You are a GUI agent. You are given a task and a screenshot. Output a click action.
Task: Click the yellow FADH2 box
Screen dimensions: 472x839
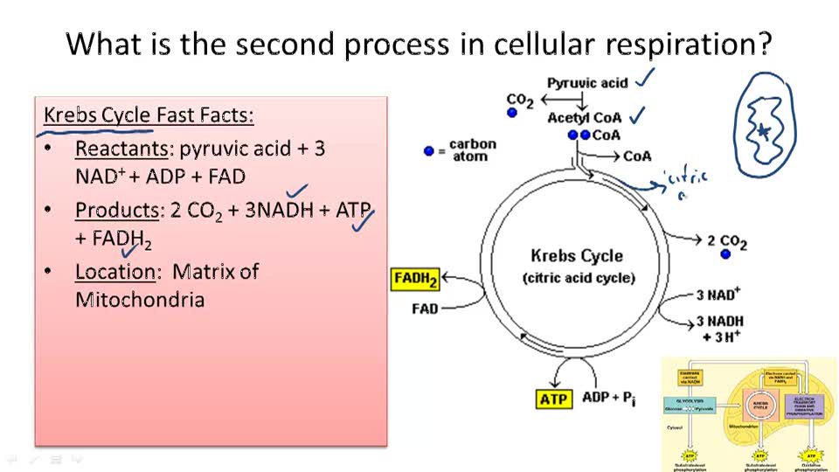pyautogui.click(x=415, y=280)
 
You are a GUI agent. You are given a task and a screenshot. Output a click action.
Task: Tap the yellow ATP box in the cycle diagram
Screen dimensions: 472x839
pyautogui.click(x=553, y=399)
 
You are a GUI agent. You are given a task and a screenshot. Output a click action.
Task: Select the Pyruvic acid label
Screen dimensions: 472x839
pyautogui.click(x=587, y=83)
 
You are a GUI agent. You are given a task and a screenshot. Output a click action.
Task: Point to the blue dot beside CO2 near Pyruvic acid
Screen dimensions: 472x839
pyautogui.click(x=512, y=113)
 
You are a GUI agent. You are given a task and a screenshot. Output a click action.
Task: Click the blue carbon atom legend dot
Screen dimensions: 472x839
pyautogui.click(x=428, y=150)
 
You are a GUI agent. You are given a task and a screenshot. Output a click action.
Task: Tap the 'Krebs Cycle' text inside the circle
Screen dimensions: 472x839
pyautogui.click(x=577, y=256)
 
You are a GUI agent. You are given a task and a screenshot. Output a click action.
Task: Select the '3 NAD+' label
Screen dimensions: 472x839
pyautogui.click(x=718, y=295)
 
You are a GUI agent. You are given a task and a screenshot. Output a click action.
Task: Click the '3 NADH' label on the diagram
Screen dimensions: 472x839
pyautogui.click(x=719, y=322)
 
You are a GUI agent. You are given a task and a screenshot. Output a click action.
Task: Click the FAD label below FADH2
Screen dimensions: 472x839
pyautogui.click(x=425, y=309)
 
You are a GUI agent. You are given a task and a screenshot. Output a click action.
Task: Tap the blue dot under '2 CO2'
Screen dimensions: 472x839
pyautogui.click(x=725, y=254)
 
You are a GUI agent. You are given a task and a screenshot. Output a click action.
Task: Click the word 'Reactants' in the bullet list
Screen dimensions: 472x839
pyautogui.click(x=114, y=149)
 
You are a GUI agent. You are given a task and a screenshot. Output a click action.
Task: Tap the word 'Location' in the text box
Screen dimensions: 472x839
pyautogui.click(x=114, y=272)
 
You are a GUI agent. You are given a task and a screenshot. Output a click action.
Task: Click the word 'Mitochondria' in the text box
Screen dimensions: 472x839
pyautogui.click(x=140, y=300)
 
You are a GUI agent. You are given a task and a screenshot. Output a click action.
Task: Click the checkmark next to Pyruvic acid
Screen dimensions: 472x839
pyautogui.click(x=646, y=79)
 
